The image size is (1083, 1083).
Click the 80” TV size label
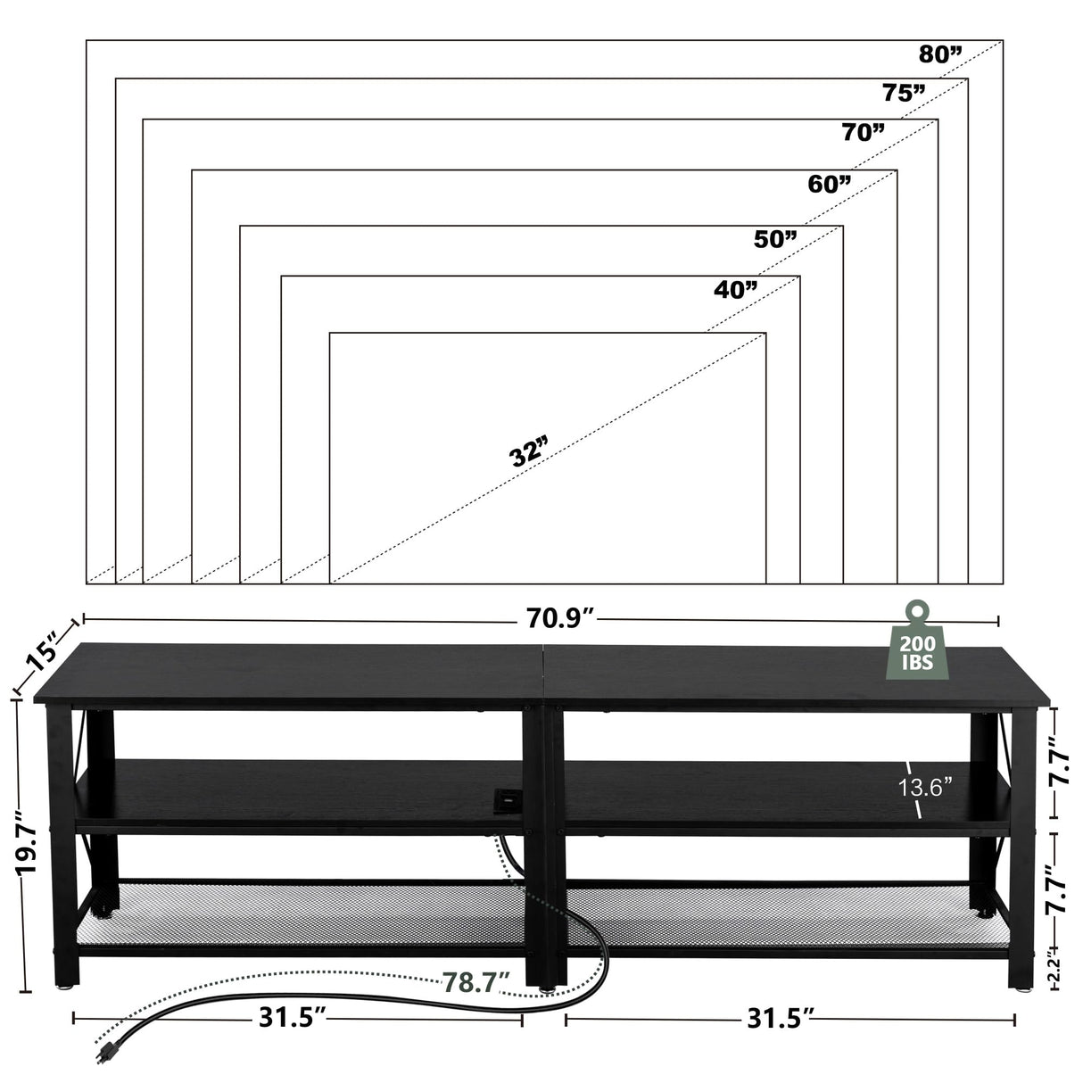click(x=940, y=54)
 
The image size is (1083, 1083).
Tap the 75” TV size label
click(x=904, y=92)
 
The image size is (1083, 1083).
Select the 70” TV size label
click(x=863, y=133)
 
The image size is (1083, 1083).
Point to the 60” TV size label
click(x=829, y=184)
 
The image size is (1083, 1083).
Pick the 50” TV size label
click(x=774, y=238)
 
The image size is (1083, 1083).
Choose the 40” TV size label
click(x=735, y=289)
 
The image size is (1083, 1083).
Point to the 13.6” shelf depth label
click(x=925, y=787)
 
